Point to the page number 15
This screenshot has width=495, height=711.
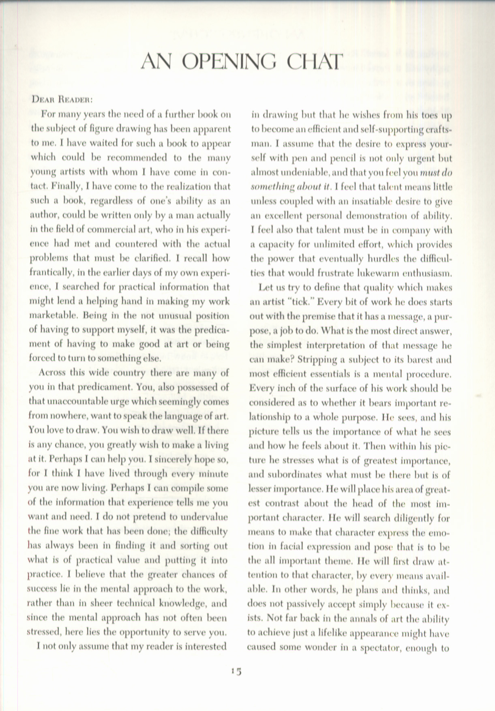click(x=236, y=671)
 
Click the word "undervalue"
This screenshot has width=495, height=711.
click(x=206, y=517)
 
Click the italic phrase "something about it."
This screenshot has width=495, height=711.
click(x=291, y=187)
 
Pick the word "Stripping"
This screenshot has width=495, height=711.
click(x=317, y=360)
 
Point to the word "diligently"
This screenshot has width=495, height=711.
click(x=411, y=518)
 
